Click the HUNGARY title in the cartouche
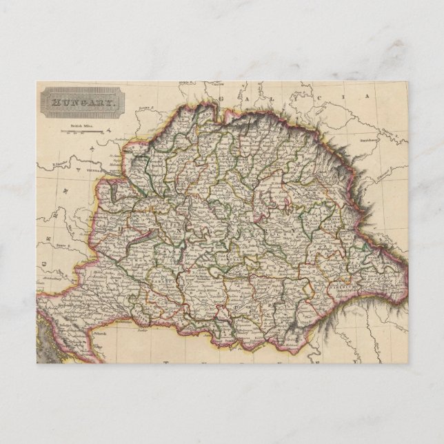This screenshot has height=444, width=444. [82, 105]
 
